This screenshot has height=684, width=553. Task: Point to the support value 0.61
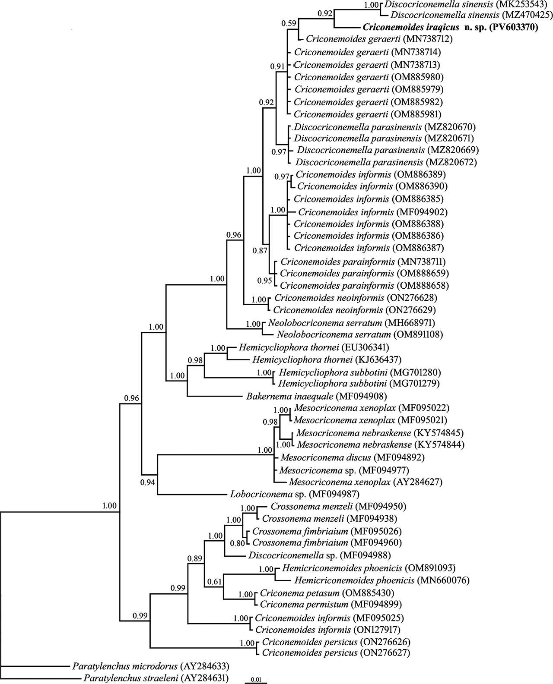coord(214,581)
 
